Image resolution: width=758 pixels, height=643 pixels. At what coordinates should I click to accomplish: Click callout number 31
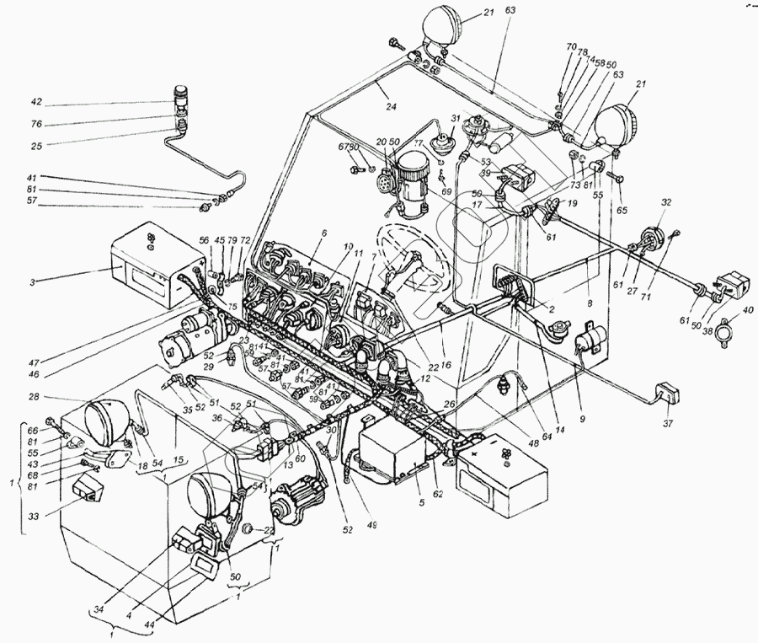pyautogui.click(x=455, y=117)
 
